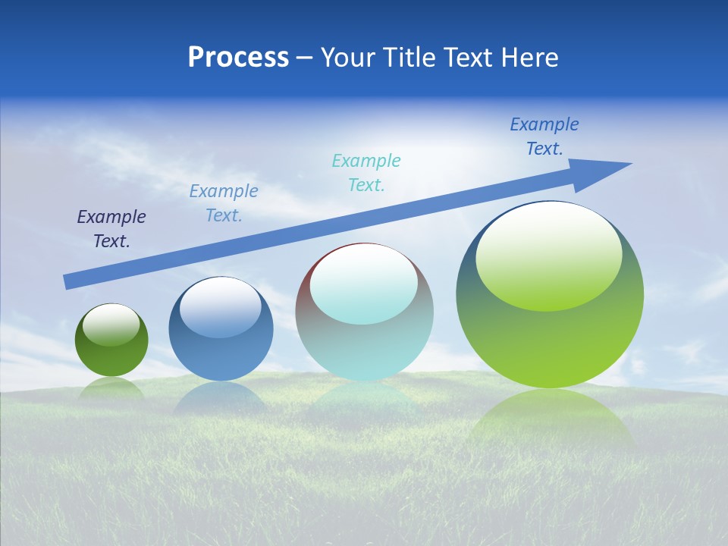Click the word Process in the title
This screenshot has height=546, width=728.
click(238, 58)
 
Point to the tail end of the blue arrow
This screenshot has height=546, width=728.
click(68, 282)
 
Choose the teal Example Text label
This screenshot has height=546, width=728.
click(366, 172)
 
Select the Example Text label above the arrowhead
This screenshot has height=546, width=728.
click(544, 136)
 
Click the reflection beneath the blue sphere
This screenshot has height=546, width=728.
click(220, 398)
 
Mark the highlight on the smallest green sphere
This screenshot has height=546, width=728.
click(111, 324)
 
